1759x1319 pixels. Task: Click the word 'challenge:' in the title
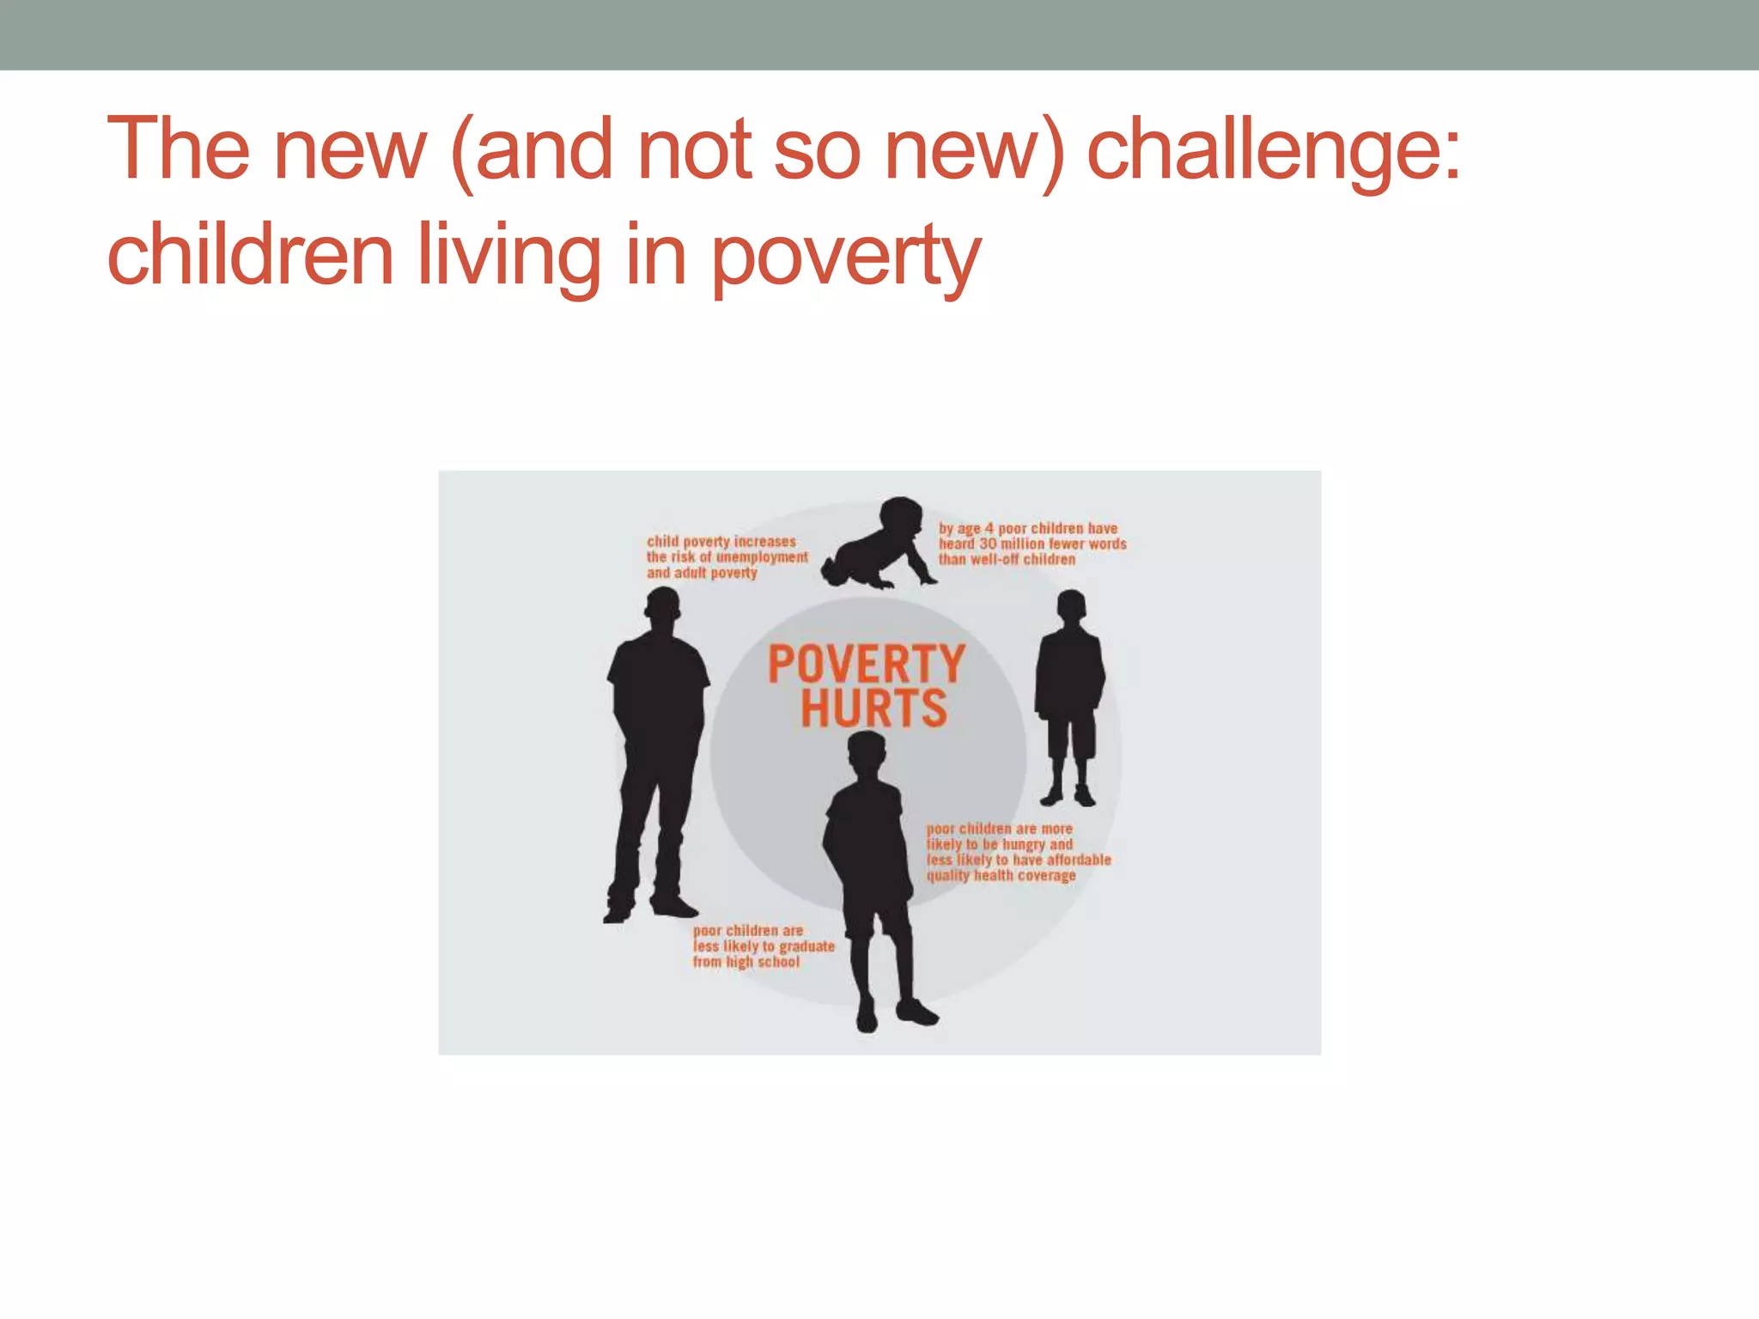pyautogui.click(x=1273, y=151)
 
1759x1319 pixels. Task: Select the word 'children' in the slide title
pyautogui.click(x=250, y=254)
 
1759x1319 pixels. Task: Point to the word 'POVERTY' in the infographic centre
pyautogui.click(x=867, y=665)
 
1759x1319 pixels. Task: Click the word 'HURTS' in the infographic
pyautogui.click(x=873, y=708)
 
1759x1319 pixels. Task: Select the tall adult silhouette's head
pyautogui.click(x=662, y=612)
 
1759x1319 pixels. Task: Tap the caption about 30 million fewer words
pyautogui.click(x=1032, y=544)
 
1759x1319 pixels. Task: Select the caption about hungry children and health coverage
pyautogui.click(x=1018, y=852)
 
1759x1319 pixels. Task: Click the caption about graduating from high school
pyautogui.click(x=763, y=946)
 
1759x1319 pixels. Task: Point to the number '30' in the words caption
pyautogui.click(x=988, y=544)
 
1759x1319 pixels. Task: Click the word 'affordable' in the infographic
pyautogui.click(x=1078, y=860)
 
